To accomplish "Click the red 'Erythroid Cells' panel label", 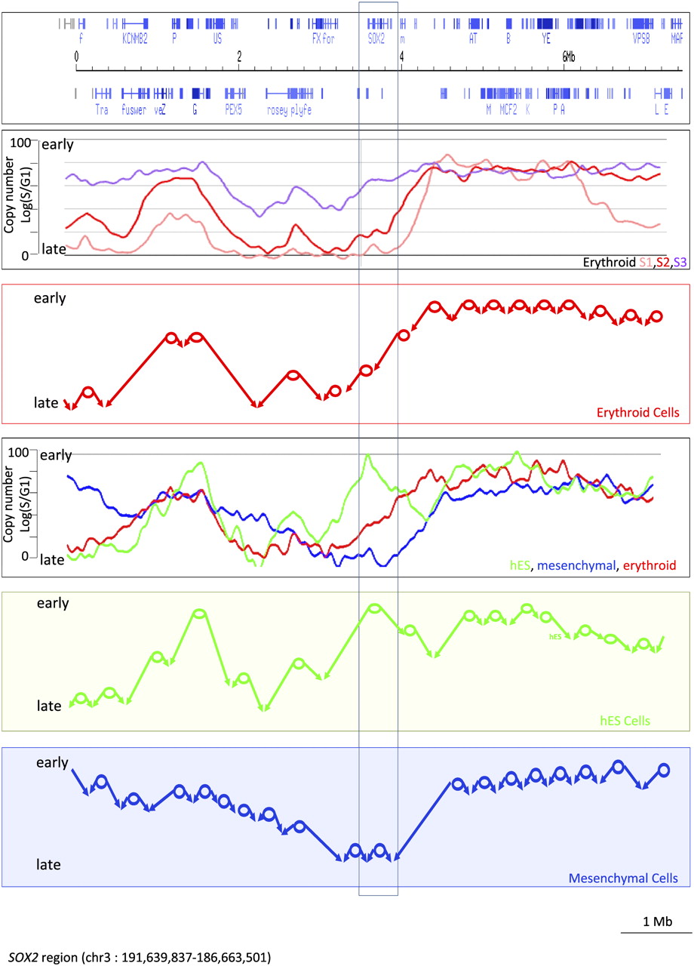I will tap(640, 413).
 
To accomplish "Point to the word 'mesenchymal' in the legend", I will tap(577, 565).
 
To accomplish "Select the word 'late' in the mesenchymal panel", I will tap(49, 864).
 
